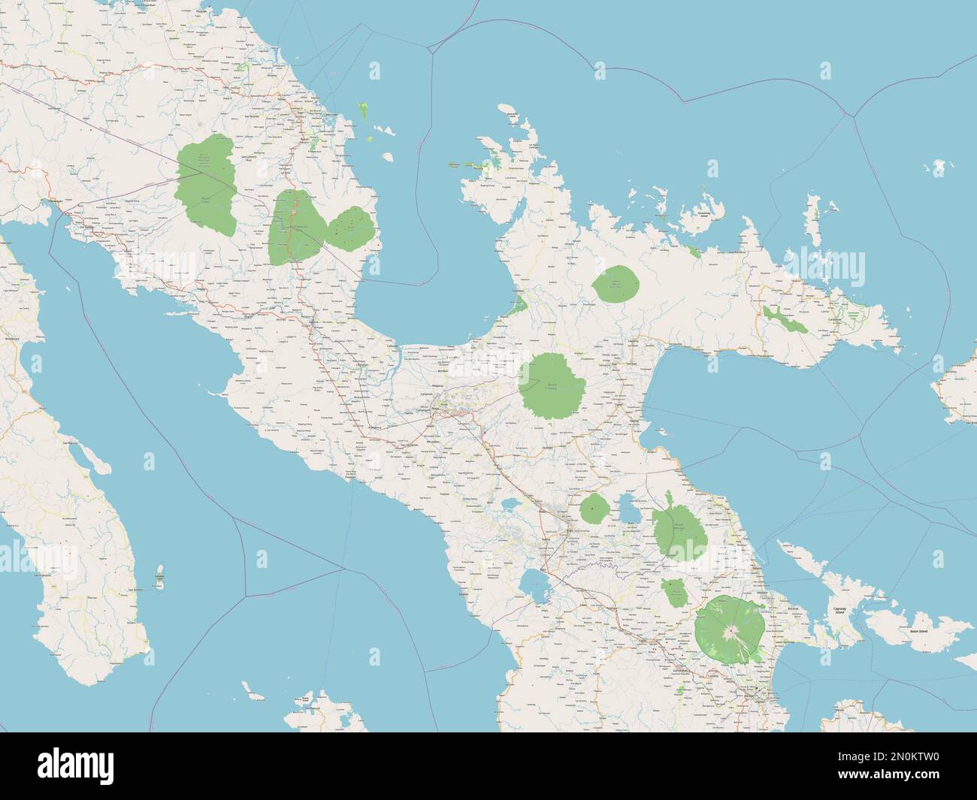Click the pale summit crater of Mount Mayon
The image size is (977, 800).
tap(728, 633)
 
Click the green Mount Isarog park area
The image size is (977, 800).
tap(549, 385)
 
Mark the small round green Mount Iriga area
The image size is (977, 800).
tap(594, 509)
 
